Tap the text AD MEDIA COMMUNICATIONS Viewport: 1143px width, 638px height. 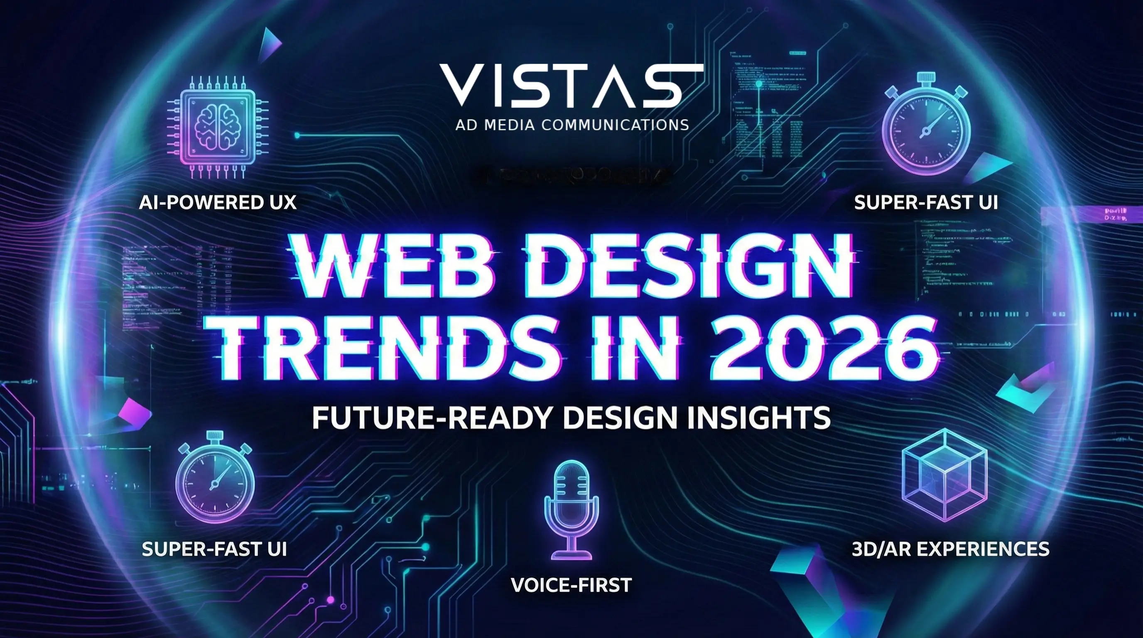click(x=571, y=125)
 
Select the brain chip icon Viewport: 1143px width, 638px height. click(x=217, y=127)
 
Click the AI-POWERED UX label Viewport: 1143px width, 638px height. click(x=217, y=203)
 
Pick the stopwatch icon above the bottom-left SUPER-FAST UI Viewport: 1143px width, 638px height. click(x=215, y=477)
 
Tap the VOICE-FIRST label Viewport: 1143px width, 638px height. click(x=571, y=585)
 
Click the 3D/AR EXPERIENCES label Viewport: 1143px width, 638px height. click(x=950, y=549)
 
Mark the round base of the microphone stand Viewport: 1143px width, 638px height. click(x=571, y=555)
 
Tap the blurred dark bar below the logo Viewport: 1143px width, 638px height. click(x=572, y=176)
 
